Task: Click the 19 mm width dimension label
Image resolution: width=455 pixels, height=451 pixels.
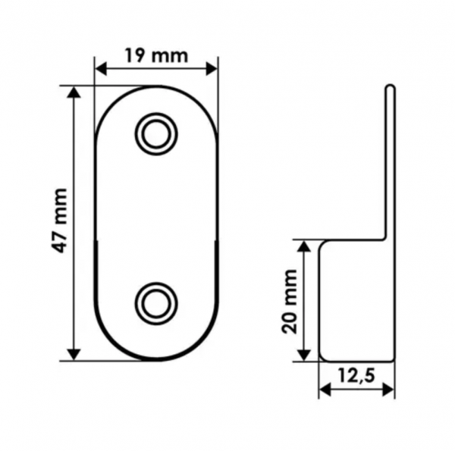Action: click(x=157, y=55)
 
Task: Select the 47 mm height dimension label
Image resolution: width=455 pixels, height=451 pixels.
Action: click(x=59, y=221)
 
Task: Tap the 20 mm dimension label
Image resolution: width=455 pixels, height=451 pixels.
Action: click(x=290, y=302)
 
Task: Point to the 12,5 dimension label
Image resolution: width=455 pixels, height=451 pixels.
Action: click(x=356, y=376)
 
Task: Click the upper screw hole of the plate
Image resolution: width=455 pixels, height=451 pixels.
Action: click(x=156, y=134)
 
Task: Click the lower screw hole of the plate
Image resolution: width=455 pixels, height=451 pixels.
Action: click(x=156, y=303)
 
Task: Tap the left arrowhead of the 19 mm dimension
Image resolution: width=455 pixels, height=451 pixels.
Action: click(x=101, y=70)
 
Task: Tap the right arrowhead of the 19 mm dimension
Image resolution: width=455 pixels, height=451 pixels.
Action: click(x=212, y=70)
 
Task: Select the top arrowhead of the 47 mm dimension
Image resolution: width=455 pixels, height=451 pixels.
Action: click(x=74, y=92)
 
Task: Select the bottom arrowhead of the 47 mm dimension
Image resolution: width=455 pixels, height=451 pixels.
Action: click(x=74, y=355)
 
